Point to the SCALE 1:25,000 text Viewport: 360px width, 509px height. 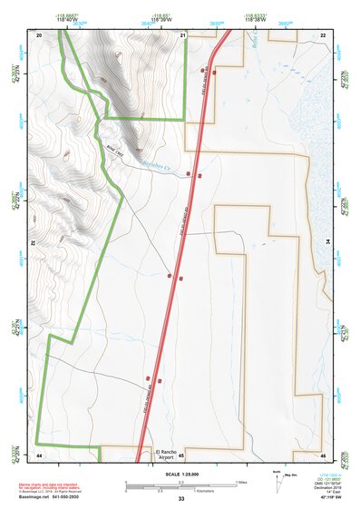180,474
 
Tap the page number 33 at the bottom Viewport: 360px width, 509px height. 181,499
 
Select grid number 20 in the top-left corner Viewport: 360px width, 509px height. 39,34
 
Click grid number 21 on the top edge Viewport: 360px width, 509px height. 182,34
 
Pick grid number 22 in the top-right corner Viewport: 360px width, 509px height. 323,34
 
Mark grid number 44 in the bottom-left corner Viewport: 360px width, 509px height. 39,454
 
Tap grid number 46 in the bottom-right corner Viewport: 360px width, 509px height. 323,454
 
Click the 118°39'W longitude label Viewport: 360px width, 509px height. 163,18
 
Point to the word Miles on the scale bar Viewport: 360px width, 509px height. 242,482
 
